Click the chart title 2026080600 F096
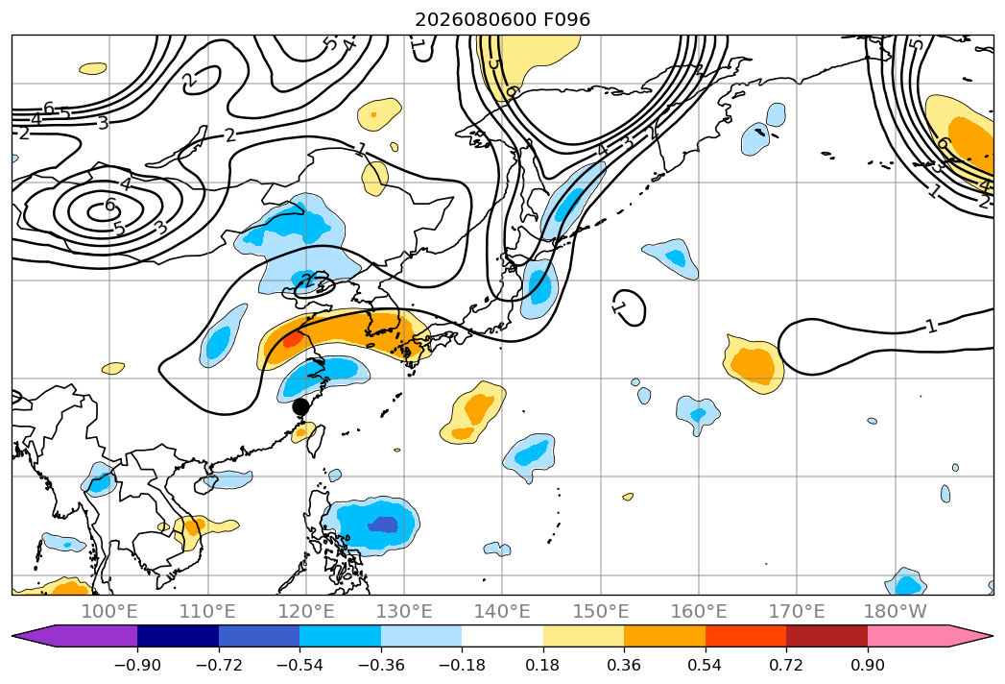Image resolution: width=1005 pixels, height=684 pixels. click(x=503, y=19)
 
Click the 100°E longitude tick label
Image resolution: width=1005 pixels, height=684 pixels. click(x=109, y=611)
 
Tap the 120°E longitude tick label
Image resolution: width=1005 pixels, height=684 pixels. click(x=306, y=611)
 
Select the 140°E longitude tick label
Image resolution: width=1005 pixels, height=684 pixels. click(x=503, y=611)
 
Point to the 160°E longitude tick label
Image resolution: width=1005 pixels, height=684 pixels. click(x=699, y=611)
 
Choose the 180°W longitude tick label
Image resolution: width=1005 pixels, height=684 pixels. click(x=895, y=611)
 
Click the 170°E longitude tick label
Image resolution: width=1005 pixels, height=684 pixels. click(x=797, y=611)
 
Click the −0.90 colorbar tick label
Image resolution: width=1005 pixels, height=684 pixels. click(x=137, y=665)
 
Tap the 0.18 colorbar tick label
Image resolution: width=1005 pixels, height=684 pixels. click(x=543, y=665)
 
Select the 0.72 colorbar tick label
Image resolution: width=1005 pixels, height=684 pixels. click(x=786, y=665)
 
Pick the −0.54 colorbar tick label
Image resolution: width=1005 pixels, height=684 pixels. click(x=299, y=665)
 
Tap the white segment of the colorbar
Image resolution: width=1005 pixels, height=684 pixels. click(x=503, y=636)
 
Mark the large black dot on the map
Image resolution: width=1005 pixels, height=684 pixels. click(x=300, y=406)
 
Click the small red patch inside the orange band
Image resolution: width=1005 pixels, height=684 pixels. click(x=292, y=339)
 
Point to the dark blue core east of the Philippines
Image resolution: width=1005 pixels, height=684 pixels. click(x=383, y=525)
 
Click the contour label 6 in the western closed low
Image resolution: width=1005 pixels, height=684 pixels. click(x=110, y=206)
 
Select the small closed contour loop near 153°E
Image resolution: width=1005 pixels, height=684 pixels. click(x=629, y=307)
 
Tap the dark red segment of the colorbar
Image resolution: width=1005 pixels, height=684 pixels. click(x=826, y=636)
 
